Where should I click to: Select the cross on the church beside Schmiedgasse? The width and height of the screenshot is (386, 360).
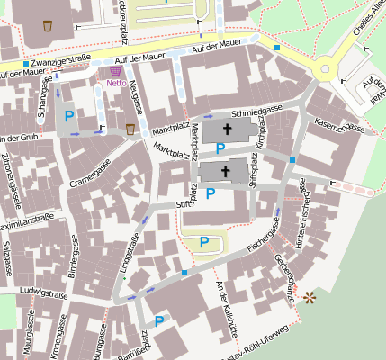tap(227, 130)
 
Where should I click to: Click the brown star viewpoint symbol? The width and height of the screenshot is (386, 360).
tap(310, 296)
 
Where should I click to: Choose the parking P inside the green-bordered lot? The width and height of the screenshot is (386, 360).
tap(204, 241)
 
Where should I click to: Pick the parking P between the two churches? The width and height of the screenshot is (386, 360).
tap(220, 148)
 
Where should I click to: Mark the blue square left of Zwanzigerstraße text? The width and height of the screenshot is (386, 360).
tap(25, 64)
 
